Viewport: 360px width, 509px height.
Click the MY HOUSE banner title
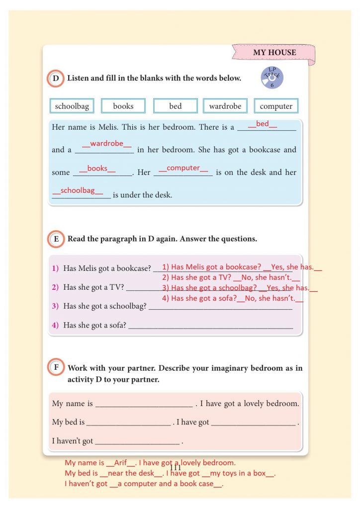274,53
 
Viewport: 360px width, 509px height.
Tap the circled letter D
56,79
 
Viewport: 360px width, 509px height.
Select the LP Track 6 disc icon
271,78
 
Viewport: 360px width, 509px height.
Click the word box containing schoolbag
72,106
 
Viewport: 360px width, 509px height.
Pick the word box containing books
123,106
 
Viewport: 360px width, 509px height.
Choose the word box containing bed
176,106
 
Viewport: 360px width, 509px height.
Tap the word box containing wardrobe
225,106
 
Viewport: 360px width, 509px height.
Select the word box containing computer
276,106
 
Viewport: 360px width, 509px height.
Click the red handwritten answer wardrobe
107,144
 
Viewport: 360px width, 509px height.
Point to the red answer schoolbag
78,190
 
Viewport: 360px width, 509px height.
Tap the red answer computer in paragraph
183,168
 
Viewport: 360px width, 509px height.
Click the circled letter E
56,239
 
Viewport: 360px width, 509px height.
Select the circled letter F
56,368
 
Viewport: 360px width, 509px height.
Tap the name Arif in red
121,462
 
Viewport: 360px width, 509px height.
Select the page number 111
175,468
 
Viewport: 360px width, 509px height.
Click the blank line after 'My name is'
144,404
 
